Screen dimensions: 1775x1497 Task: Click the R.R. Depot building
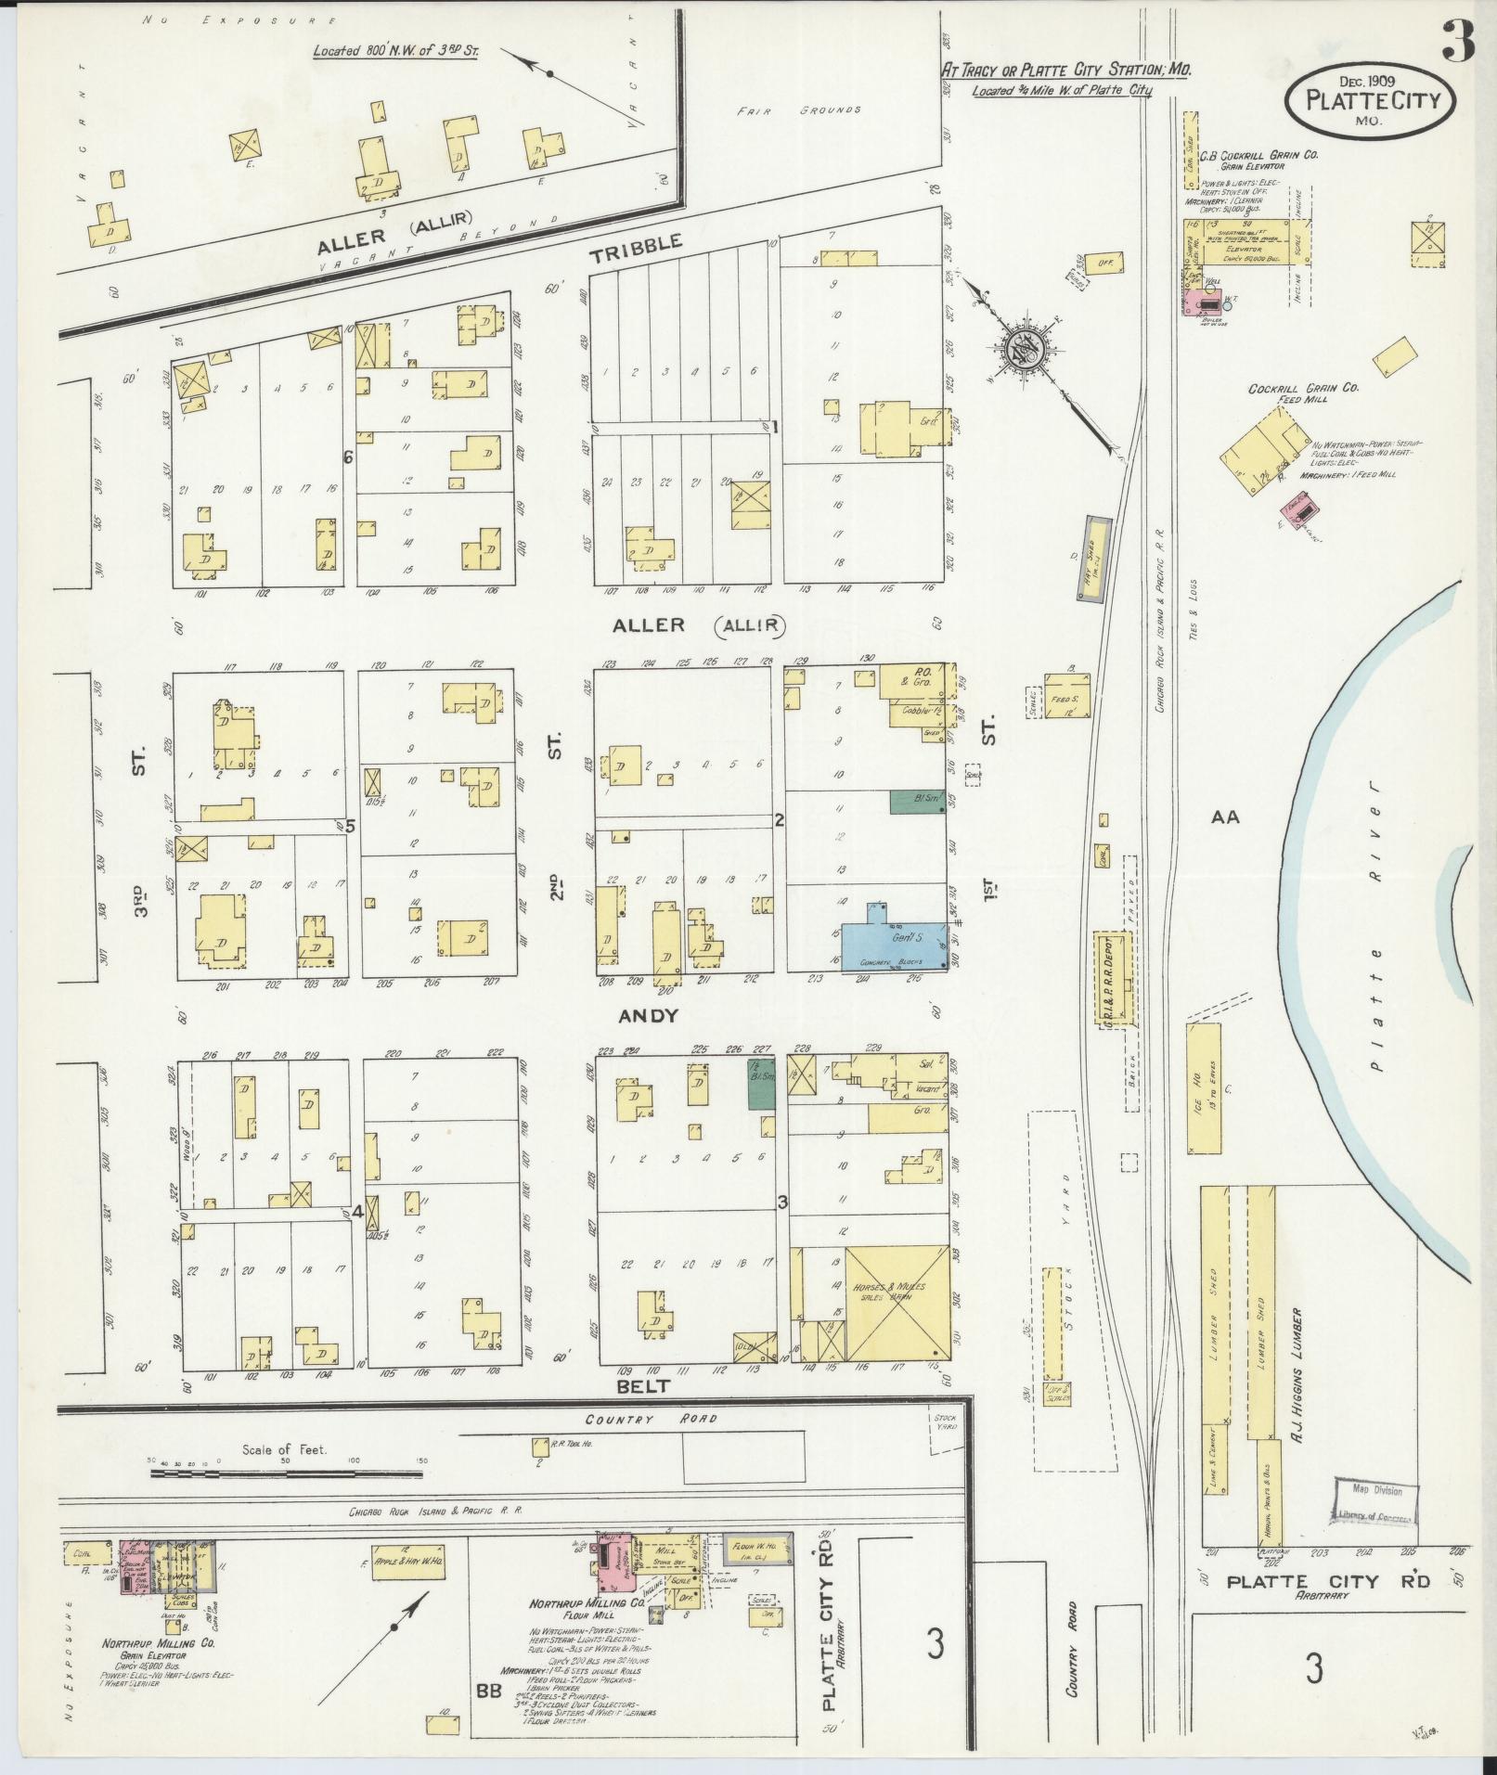[1114, 980]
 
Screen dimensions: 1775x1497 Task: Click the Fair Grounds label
[799, 109]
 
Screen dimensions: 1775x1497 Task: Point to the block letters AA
[1225, 817]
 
